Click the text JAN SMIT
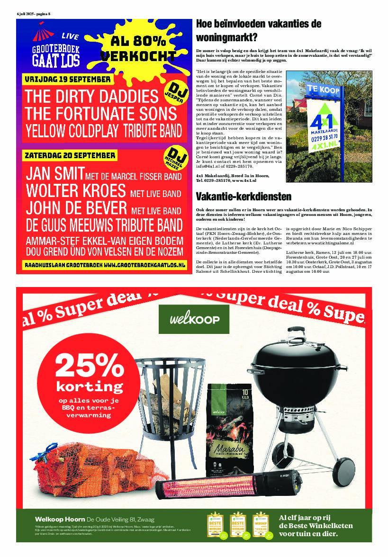tap(55, 173)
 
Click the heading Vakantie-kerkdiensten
tap(244, 197)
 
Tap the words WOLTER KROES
tap(75, 190)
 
